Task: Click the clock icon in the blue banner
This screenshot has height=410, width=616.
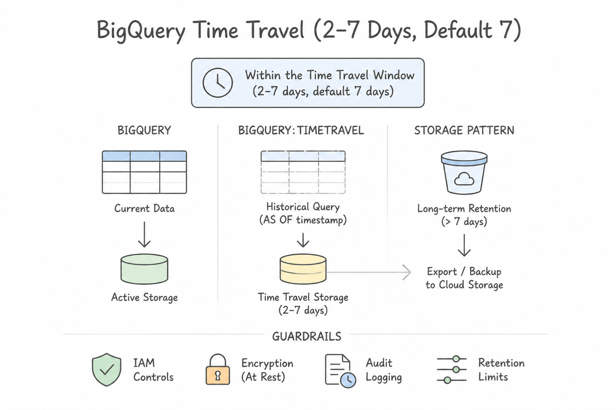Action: [x=217, y=82]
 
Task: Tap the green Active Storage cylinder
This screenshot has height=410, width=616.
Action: [x=144, y=269]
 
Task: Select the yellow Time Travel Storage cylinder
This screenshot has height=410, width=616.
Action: [x=303, y=269]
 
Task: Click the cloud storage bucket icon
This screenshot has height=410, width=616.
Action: [x=464, y=173]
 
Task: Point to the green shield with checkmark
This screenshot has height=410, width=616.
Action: [x=106, y=370]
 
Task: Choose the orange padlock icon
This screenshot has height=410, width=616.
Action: [x=217, y=369]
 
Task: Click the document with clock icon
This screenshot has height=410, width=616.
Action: [x=340, y=371]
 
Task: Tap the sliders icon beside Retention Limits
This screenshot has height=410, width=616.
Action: [x=452, y=370]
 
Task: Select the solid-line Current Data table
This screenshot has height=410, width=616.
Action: [x=144, y=172]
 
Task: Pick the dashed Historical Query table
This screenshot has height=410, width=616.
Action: [x=303, y=172]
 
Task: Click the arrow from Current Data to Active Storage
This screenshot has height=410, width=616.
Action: [x=144, y=235]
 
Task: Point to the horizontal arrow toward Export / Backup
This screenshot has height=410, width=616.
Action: [x=369, y=272]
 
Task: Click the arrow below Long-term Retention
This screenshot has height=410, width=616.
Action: [x=464, y=245]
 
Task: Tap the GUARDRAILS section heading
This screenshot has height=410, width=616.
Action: [x=307, y=336]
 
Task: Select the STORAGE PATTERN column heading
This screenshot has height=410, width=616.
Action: [x=464, y=130]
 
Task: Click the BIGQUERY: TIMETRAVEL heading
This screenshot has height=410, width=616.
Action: [x=301, y=130]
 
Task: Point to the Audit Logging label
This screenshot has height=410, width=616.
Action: [x=384, y=370]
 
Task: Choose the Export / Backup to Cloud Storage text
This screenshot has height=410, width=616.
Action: [x=464, y=278]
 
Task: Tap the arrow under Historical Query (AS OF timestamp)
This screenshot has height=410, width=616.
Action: [x=303, y=240]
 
